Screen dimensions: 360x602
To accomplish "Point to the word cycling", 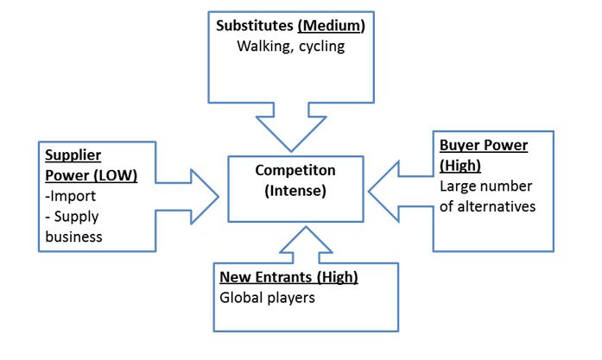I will (x=320, y=46).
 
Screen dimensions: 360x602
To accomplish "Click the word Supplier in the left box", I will (x=73, y=155).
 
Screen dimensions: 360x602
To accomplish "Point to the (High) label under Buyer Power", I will (x=462, y=165).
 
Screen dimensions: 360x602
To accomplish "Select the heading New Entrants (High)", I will (x=288, y=277).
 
